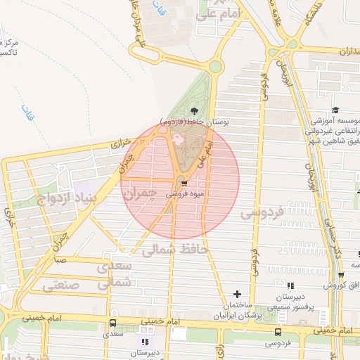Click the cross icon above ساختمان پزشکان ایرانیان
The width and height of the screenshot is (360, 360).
237,294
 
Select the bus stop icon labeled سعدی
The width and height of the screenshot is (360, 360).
112,323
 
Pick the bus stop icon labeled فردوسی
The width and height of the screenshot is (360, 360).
279,332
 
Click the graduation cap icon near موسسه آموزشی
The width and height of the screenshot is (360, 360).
335,110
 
